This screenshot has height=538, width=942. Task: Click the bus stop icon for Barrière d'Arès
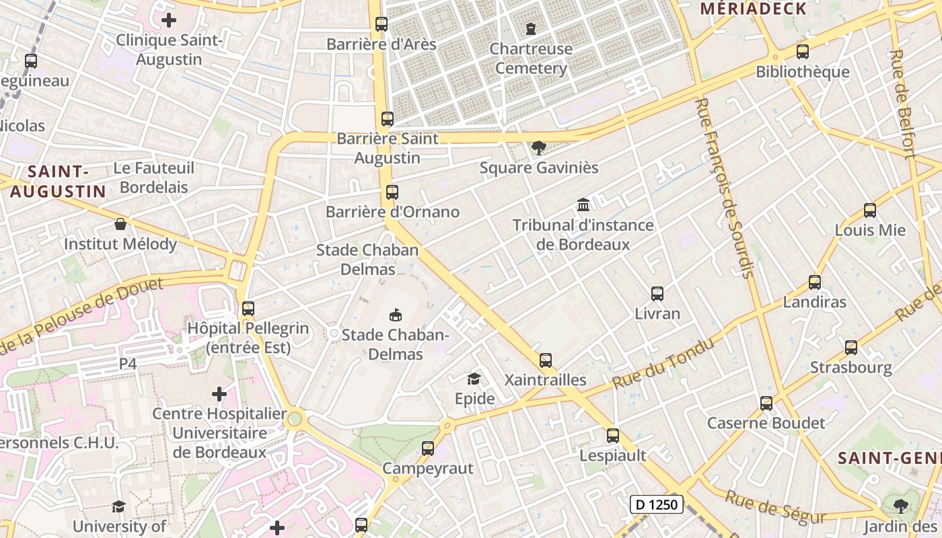(382, 24)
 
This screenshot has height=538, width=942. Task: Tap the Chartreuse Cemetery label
(531, 59)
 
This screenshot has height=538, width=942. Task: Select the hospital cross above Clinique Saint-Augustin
(169, 20)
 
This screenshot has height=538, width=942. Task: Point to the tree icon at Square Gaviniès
(538, 148)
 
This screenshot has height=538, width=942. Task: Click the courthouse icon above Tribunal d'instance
(583, 204)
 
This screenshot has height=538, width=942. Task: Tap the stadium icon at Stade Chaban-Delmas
(395, 315)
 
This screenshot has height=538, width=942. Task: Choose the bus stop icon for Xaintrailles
(546, 360)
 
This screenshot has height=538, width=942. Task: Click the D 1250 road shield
(657, 504)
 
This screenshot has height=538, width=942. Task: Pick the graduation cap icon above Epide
(474, 379)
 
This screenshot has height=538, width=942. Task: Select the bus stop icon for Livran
(657, 294)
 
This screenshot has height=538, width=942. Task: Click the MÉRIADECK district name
(753, 9)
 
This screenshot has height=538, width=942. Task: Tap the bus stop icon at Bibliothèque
(802, 52)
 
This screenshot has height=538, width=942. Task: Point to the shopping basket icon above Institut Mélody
(120, 224)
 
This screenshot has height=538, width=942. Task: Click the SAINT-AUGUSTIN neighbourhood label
(58, 182)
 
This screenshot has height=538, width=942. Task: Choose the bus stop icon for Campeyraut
(428, 449)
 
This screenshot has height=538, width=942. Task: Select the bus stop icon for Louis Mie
(870, 210)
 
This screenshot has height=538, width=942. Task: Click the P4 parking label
(128, 364)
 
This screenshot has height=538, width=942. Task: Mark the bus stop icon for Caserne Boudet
(766, 403)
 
